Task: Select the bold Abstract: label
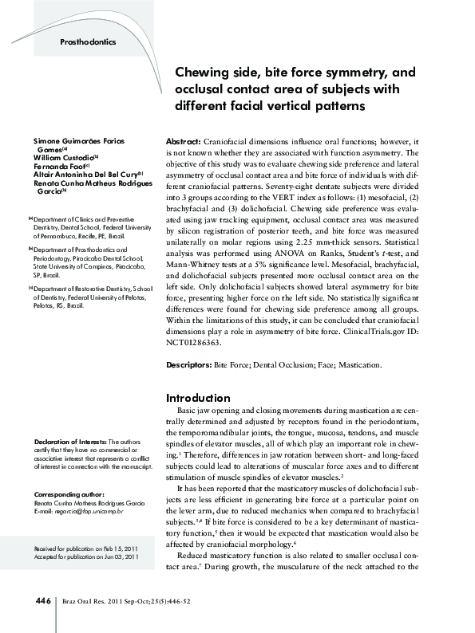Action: [x=183, y=139]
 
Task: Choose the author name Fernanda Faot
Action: [x=59, y=166]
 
